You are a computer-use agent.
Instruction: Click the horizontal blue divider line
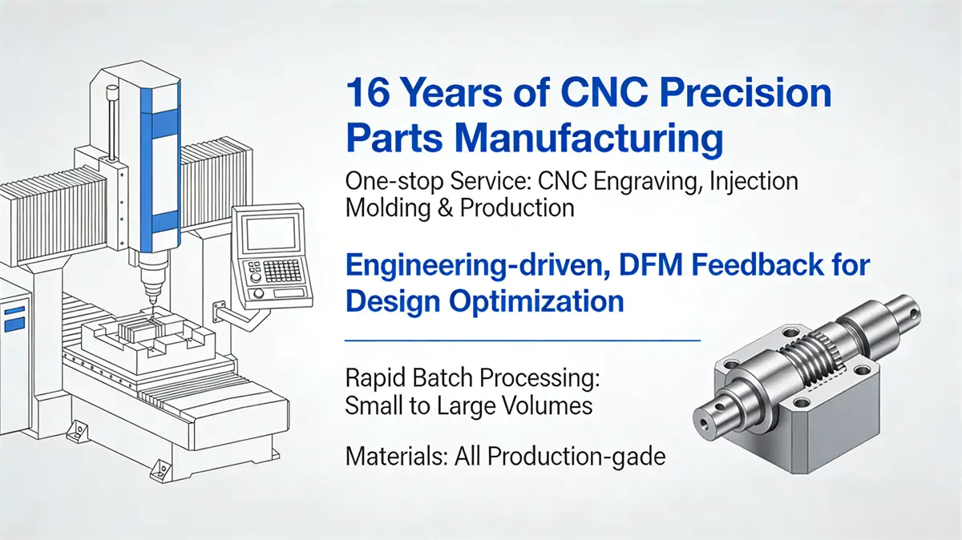point(521,340)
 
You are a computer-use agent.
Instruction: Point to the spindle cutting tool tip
point(148,301)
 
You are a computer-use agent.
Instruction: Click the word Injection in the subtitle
point(753,182)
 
